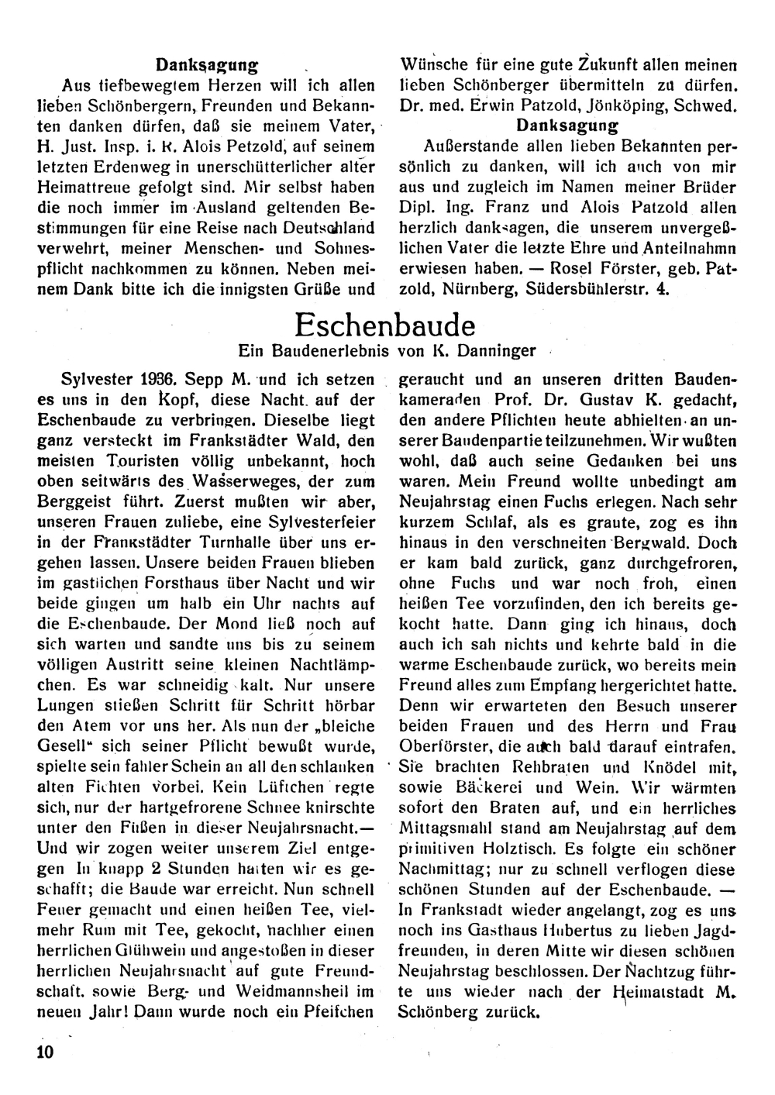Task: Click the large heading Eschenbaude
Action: pyautogui.click(x=385, y=323)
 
